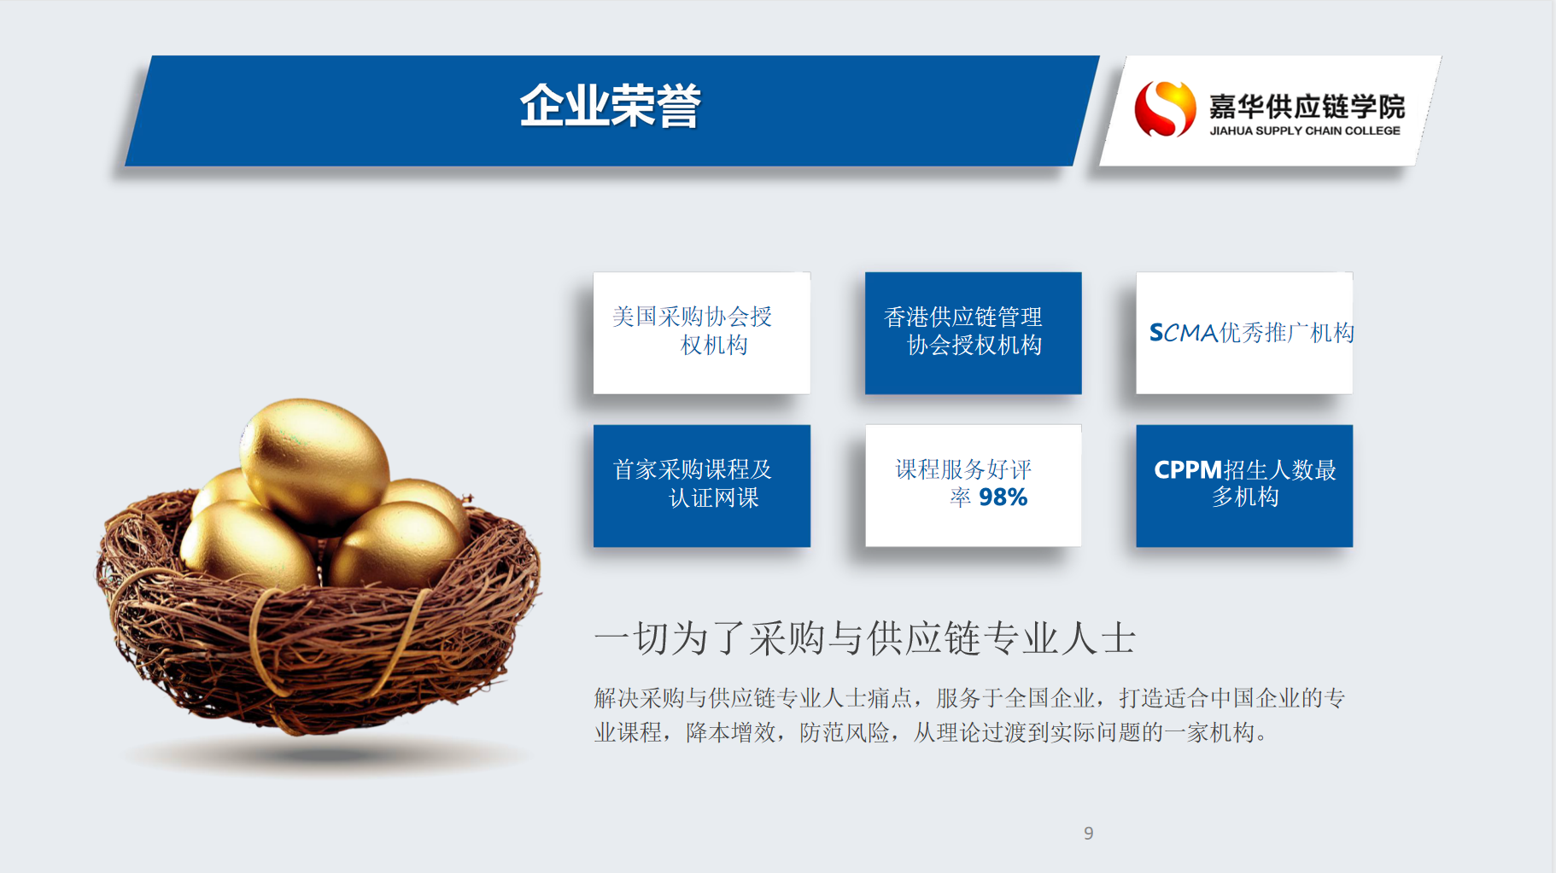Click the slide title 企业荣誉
[x=611, y=107]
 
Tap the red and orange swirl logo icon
[x=1165, y=108]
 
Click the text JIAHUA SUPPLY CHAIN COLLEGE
[x=1305, y=131]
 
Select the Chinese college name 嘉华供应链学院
[x=1307, y=106]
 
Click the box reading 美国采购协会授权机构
[x=702, y=333]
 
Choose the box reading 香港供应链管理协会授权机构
[x=974, y=333]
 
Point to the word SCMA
[x=1184, y=332]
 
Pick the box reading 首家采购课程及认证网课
[x=702, y=486]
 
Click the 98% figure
[x=1003, y=497]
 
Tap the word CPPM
[x=1188, y=469]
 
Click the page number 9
[x=1088, y=833]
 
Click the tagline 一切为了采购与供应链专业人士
[x=864, y=638]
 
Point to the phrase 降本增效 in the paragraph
[x=731, y=732]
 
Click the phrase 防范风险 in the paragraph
[x=845, y=732]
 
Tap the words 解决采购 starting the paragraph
[x=640, y=698]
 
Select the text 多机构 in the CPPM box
[x=1245, y=497]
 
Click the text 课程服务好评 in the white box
[x=963, y=469]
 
